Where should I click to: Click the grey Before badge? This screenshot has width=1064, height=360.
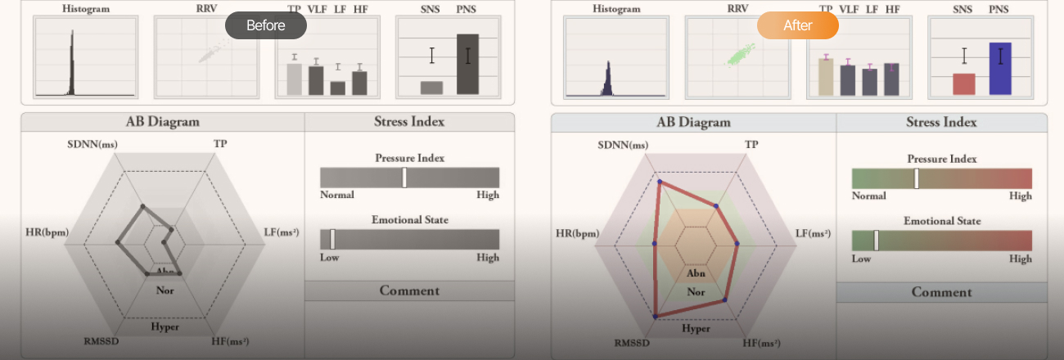tap(265, 25)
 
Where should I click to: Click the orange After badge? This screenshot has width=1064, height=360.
tap(797, 25)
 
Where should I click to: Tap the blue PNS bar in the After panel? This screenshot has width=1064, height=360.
tap(1000, 69)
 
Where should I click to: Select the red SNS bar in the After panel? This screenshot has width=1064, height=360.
tap(964, 84)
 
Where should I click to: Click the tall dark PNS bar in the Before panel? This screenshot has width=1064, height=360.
tap(467, 64)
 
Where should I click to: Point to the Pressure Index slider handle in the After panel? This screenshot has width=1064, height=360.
tap(917, 178)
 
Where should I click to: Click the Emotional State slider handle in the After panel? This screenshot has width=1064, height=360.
tap(876, 241)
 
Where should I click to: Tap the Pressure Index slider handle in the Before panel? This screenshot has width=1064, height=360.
tap(404, 178)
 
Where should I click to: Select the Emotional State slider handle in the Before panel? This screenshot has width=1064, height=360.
tap(332, 239)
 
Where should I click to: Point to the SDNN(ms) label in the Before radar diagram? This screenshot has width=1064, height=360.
tap(92, 144)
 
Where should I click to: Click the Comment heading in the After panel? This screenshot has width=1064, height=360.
tap(941, 292)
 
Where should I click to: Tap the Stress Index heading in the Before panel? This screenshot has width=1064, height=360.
tap(409, 122)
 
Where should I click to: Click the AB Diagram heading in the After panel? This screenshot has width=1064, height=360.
tap(693, 123)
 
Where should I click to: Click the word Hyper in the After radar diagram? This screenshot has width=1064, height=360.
tap(696, 328)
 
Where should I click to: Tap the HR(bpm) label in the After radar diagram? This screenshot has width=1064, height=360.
tap(577, 233)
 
